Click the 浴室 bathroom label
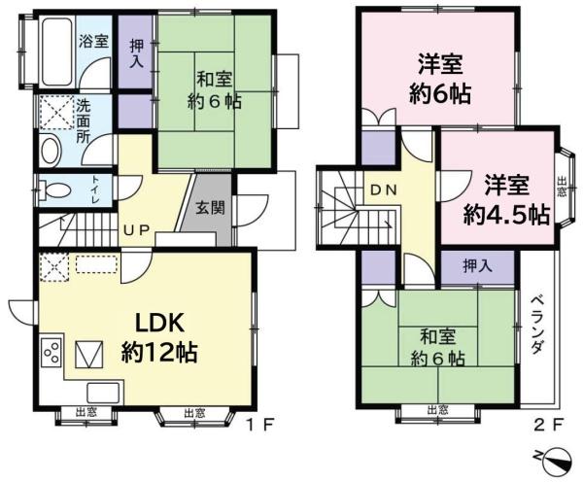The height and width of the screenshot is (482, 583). [94, 42]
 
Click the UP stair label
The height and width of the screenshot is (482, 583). [135, 231]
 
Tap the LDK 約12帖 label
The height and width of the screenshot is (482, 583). [159, 336]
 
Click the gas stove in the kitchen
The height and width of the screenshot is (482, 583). [52, 351]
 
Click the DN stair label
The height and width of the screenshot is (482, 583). [382, 190]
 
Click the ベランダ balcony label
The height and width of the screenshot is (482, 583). [537, 326]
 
